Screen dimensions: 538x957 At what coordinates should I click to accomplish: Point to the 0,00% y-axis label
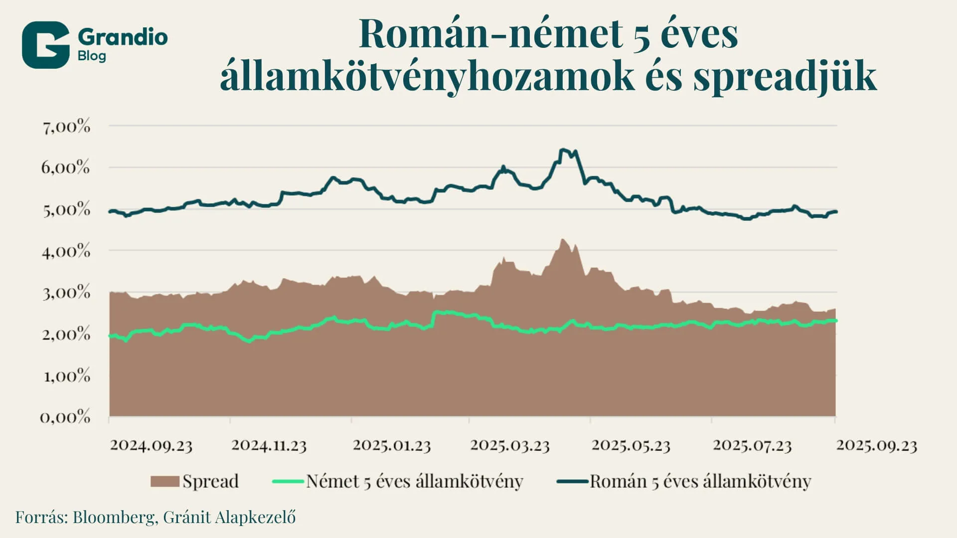coord(65,416)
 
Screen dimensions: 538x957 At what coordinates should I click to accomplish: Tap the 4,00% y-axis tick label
coord(66,251)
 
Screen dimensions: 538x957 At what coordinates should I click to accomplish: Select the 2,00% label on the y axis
coord(66,334)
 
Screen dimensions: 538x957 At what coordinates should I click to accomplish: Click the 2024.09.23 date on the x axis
coord(151,445)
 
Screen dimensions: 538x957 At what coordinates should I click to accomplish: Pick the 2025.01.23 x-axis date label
coord(392,445)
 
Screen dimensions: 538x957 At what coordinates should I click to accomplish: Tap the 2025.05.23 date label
coord(631,445)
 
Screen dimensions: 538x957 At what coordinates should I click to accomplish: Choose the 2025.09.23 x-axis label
coord(877,445)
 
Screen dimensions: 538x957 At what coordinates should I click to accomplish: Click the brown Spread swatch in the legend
coord(164,481)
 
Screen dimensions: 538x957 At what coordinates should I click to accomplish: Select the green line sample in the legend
coord(288,481)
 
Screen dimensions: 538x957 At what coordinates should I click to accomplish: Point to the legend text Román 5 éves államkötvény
coord(700,481)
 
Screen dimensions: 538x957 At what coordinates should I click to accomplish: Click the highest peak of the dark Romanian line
coord(562,149)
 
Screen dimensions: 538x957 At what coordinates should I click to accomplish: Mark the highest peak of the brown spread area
coord(562,240)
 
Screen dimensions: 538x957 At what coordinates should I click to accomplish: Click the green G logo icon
coord(45,45)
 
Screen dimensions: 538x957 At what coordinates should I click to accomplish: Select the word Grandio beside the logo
coord(123,37)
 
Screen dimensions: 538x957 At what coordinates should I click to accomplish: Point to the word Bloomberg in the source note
coord(114,517)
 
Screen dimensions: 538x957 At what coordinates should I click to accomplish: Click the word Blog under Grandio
coord(92,56)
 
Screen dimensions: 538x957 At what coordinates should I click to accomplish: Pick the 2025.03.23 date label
coord(509,445)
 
